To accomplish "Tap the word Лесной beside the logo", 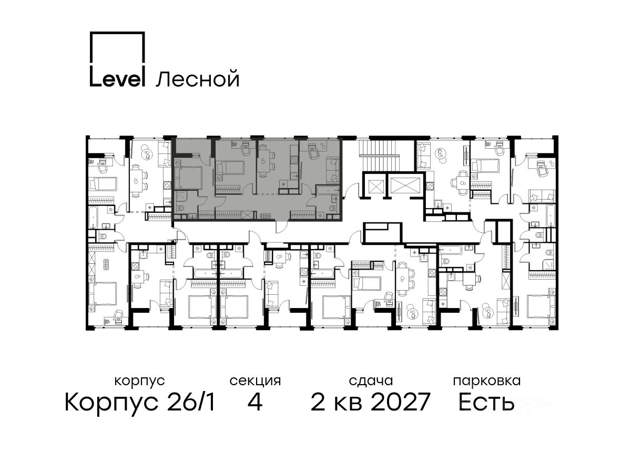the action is pos(197,78).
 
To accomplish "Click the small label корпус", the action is pos(139,382).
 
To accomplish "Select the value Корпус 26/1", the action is pos(140,403).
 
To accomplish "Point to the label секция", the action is pos(255,382).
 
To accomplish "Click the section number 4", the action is pos(255,403).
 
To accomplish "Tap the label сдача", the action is pos(371,381).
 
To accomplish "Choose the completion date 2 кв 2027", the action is pos(370,402).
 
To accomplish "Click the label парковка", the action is pos(487,381).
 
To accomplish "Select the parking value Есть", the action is pos(486,402).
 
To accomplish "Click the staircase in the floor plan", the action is pos(379,155).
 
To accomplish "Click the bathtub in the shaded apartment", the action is pos(328,190).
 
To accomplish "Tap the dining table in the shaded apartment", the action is pos(264,161).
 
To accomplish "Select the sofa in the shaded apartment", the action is pos(333,169).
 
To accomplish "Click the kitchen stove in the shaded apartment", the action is pos(293,159).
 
